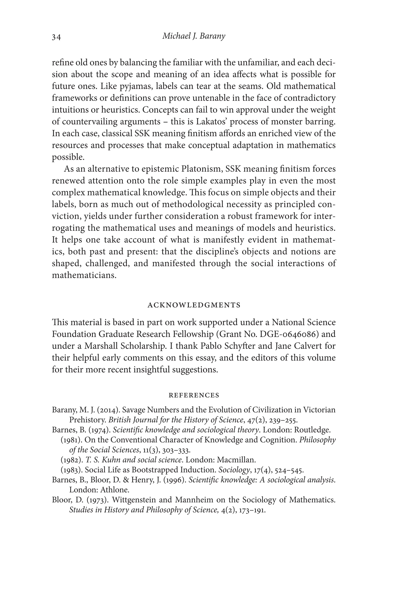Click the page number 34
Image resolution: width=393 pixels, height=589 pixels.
coord(56,37)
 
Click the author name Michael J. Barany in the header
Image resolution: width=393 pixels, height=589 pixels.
coord(194,36)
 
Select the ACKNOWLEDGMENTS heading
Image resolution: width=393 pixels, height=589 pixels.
coord(194,305)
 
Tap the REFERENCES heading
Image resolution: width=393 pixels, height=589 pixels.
coord(194,395)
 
